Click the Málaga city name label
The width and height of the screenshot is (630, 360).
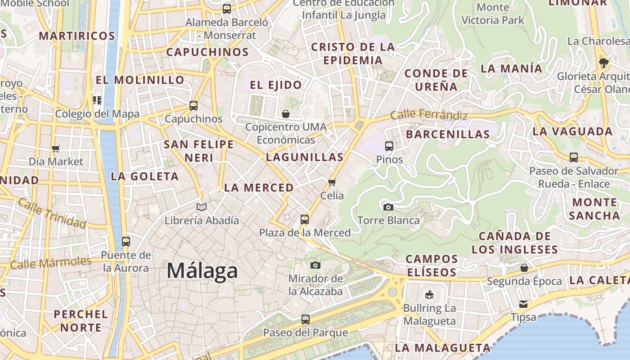click(202, 270)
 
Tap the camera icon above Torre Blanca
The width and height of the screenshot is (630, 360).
click(388, 207)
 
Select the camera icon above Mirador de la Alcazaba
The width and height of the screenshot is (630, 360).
click(315, 265)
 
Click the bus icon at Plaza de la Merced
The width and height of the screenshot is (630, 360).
click(305, 220)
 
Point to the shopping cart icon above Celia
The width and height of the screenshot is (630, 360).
click(332, 182)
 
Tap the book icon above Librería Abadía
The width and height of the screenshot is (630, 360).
click(202, 207)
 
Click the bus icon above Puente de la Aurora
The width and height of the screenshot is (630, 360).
click(126, 241)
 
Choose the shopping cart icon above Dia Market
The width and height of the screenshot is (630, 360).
click(56, 148)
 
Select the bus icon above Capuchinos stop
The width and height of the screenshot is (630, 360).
click(193, 106)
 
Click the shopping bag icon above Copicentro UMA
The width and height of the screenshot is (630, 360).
click(286, 114)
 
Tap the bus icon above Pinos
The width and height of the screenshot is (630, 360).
click(389, 146)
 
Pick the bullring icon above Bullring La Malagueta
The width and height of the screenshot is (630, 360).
click(429, 295)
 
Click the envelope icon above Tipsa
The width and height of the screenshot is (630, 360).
click(523, 304)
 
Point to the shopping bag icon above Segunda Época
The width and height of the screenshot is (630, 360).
click(524, 268)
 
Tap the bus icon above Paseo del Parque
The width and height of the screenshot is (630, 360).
click(306, 319)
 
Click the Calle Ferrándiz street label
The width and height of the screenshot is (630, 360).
click(428, 115)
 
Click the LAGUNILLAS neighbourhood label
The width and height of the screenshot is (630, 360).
click(305, 157)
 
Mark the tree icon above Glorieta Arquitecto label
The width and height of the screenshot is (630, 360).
click(604, 63)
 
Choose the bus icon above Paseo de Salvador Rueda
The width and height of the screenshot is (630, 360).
click(574, 157)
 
